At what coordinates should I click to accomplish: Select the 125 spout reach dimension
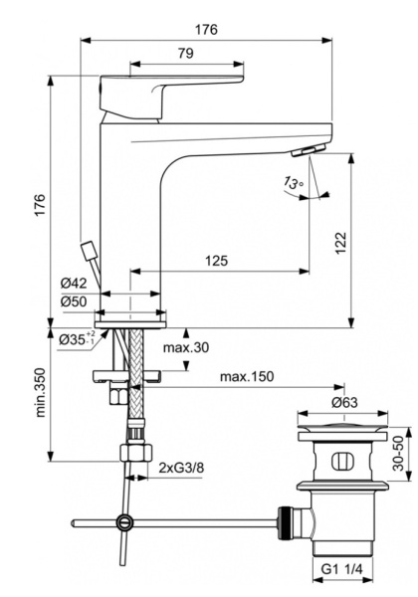pos(216,261)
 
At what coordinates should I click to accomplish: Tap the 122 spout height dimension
pos(340,240)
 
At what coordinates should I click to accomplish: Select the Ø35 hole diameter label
pos(76,339)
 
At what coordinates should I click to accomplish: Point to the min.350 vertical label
pos(40,396)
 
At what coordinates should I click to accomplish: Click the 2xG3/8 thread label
pos(182,466)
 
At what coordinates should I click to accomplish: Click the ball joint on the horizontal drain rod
pos(124,520)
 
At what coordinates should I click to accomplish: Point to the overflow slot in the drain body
pos(340,461)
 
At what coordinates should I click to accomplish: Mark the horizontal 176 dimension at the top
pos(206,29)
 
